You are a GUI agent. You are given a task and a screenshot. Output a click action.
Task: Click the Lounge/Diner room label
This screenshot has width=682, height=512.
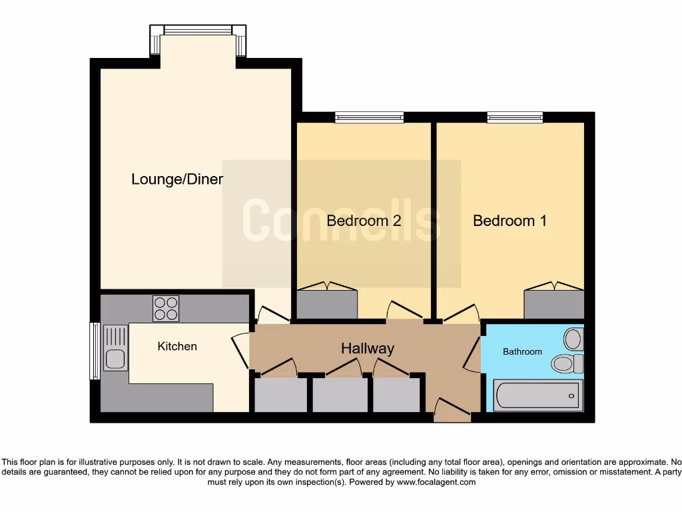tap(176, 179)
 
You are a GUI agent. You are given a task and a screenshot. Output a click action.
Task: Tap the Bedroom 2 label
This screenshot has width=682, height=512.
tap(364, 221)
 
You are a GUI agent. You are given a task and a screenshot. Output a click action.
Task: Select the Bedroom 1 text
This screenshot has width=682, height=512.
tap(510, 221)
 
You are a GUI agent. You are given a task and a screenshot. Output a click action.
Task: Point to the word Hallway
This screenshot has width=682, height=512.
tap(368, 348)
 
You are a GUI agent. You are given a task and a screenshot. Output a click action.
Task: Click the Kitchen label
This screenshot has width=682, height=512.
tap(177, 346)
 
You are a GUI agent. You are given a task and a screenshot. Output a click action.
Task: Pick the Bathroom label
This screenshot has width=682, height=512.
tap(522, 351)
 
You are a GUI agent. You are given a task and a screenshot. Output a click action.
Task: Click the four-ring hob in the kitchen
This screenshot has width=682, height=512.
tap(166, 309)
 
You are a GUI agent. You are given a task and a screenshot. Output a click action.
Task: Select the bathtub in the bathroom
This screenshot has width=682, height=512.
tap(537, 396)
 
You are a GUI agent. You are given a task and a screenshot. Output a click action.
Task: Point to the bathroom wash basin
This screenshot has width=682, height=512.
tap(573, 339)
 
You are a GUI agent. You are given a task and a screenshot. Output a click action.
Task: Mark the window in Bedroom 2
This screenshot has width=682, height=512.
tap(370, 117)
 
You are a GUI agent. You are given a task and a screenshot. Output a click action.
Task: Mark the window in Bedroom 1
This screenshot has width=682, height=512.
tap(515, 117)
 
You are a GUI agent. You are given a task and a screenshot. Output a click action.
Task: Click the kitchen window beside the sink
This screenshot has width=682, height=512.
tap(95, 351)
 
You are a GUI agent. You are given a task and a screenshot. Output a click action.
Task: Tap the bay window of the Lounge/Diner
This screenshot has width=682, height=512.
tap(198, 31)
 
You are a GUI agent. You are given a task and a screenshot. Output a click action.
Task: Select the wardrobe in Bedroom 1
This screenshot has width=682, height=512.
tap(553, 303)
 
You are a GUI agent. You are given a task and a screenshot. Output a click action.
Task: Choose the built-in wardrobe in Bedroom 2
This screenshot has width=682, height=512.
tap(327, 303)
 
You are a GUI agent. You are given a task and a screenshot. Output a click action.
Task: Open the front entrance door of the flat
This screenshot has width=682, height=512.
tap(452, 409)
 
